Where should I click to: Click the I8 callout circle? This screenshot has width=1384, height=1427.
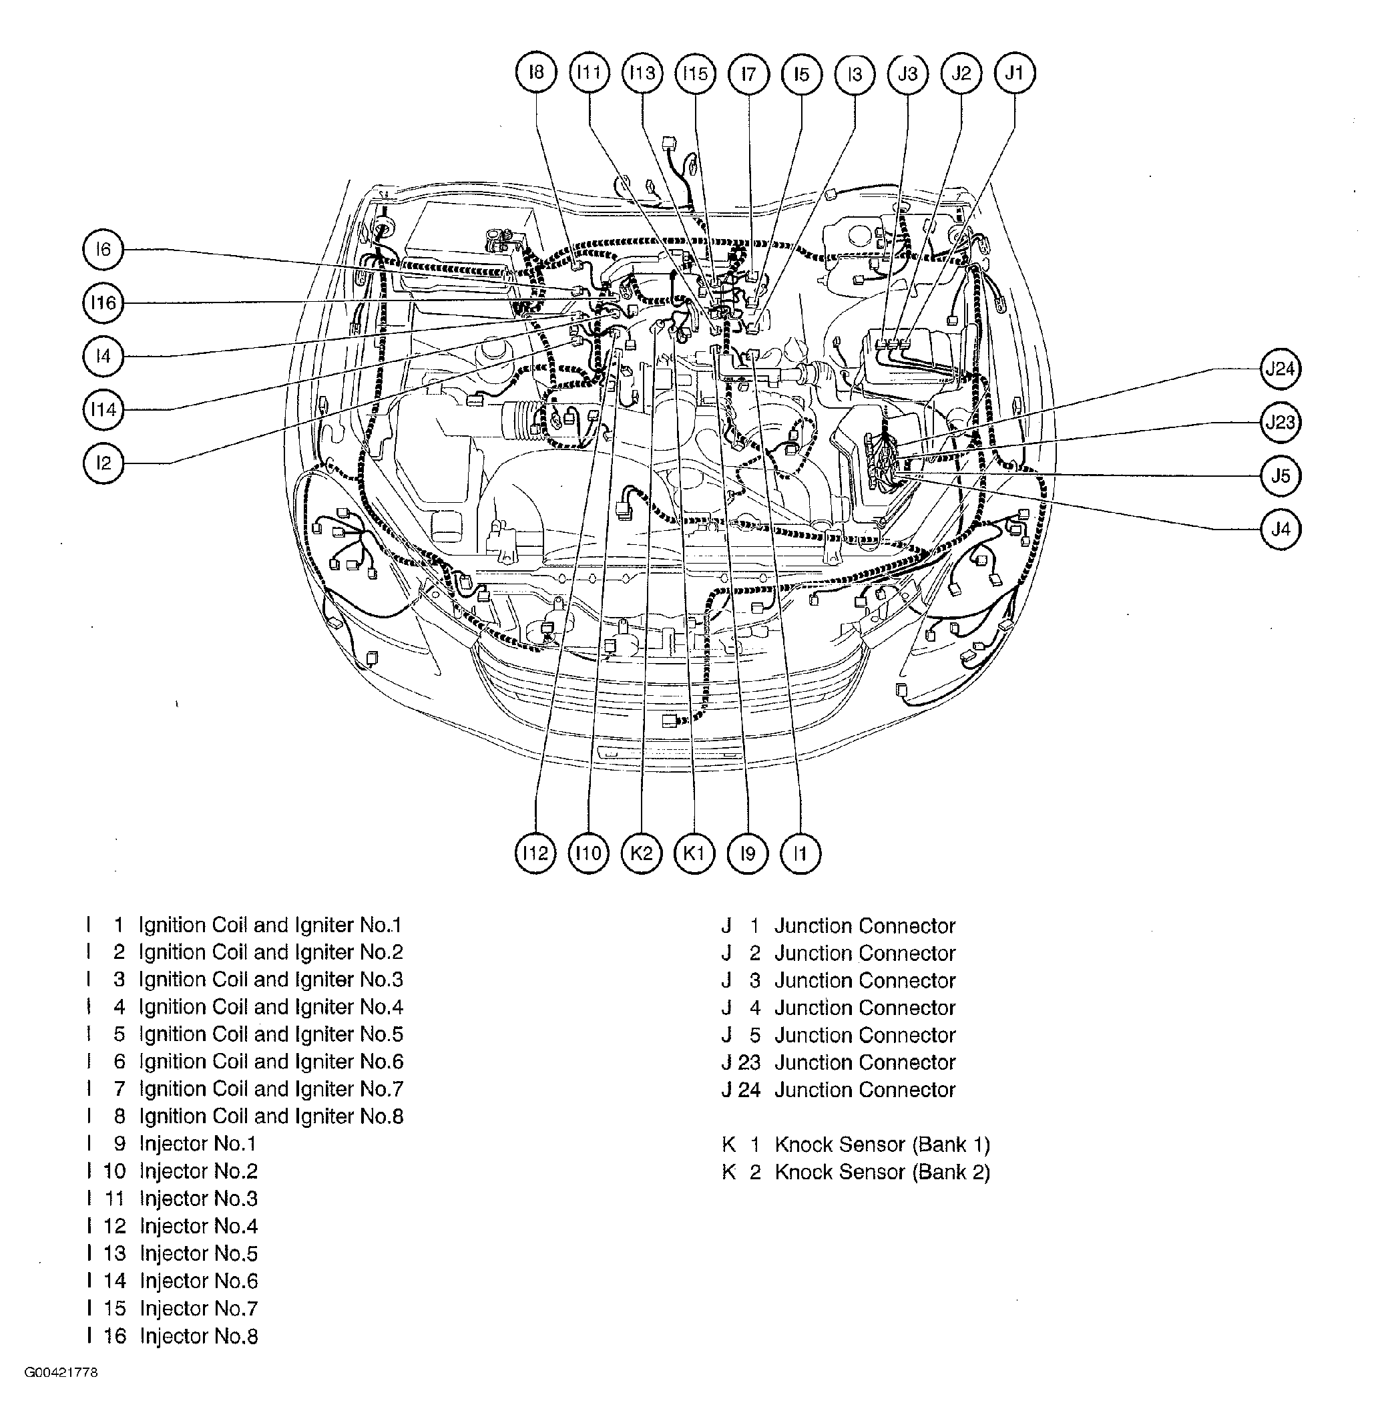coord(536,73)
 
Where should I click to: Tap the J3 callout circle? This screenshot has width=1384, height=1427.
coord(908,73)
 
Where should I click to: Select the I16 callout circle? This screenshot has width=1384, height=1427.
coord(103,302)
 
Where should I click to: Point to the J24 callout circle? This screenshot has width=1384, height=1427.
coord(1280,369)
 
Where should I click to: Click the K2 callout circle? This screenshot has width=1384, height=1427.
coord(642,853)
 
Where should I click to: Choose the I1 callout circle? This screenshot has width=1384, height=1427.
coord(800,853)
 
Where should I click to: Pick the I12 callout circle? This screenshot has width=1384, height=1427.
coord(535,853)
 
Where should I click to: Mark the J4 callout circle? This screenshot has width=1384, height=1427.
coord(1280,530)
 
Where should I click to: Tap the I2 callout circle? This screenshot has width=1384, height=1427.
coord(103,463)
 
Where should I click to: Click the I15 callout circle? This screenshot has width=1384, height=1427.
coord(695,73)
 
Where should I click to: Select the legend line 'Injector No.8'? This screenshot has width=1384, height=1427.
coord(199,1336)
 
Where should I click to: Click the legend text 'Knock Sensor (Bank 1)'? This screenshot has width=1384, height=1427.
coord(882,1145)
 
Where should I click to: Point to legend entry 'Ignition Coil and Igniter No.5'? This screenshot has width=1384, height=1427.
coord(271,1034)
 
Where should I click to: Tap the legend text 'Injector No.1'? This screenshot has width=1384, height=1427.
coord(198,1143)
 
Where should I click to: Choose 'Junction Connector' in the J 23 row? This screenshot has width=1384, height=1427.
coord(864,1062)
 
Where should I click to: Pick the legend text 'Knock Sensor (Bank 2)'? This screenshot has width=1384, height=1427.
coord(882,1172)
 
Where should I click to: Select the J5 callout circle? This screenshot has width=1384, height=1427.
coord(1280,476)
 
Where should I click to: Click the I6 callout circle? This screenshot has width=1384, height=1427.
coord(103,249)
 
